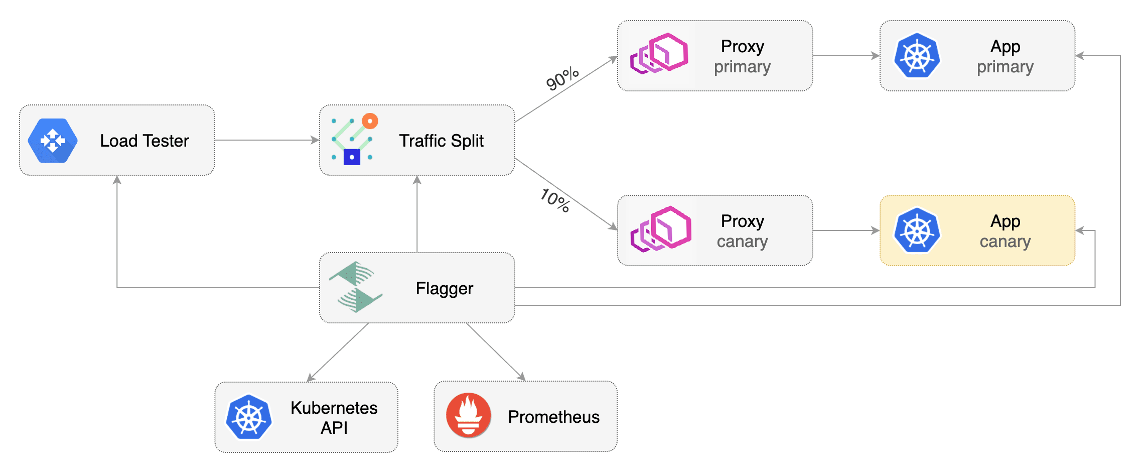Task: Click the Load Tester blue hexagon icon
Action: (x=53, y=141)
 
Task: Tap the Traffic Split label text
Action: (x=441, y=141)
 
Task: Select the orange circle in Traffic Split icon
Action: (x=370, y=121)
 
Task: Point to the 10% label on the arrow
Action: (x=555, y=200)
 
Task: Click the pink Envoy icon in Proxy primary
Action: (x=659, y=54)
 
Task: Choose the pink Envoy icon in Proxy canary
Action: (x=661, y=228)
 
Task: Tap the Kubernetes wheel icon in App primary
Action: (x=917, y=56)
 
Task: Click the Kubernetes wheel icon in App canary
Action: (x=917, y=230)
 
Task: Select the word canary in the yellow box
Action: (x=1005, y=242)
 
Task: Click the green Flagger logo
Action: (x=356, y=287)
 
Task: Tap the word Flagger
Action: (x=444, y=288)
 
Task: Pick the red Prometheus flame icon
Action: (x=469, y=415)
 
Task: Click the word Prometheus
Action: (x=553, y=417)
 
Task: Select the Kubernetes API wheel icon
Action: (x=249, y=417)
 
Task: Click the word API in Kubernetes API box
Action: (x=334, y=428)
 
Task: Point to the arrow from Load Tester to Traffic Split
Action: (x=266, y=140)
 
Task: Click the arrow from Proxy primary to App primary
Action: (x=845, y=56)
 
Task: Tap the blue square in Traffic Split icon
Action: (x=352, y=157)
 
